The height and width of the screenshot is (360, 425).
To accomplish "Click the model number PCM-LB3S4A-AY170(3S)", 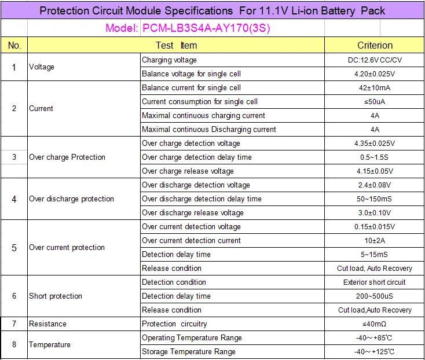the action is [206, 28].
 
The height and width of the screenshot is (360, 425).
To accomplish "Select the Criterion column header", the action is [375, 45].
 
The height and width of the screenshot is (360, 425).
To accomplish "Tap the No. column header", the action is [14, 45].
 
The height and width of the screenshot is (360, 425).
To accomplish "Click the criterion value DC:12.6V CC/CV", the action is [375, 60].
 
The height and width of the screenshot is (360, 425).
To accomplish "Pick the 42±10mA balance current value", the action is [375, 88].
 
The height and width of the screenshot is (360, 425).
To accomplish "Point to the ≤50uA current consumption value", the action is [375, 102].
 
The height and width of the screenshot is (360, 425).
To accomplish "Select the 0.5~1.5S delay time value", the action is [374, 157].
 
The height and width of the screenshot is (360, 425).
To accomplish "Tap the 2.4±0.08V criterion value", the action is [375, 185].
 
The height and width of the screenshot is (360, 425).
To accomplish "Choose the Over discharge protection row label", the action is [71, 199].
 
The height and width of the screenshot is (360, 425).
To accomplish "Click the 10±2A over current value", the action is [375, 241].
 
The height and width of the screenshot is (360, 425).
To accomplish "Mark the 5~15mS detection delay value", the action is [374, 254].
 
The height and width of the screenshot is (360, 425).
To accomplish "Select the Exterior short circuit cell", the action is [374, 282].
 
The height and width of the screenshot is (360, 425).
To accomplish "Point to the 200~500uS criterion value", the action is [374, 296].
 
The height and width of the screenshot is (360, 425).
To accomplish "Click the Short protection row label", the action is [55, 296].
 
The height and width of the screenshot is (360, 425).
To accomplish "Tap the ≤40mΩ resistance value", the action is [374, 324].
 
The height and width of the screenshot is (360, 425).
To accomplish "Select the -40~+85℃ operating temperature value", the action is [374, 338].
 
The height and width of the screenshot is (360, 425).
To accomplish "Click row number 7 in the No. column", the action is [14, 324].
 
